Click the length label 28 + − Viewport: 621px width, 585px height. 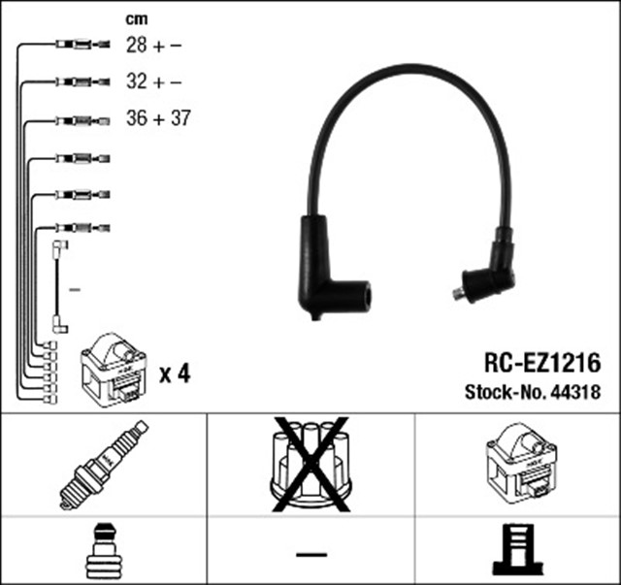(x=154, y=45)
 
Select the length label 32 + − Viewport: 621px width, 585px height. (x=154, y=82)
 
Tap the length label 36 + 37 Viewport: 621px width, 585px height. (x=159, y=119)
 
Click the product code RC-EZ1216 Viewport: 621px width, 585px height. (x=541, y=364)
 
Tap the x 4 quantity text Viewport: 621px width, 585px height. (x=174, y=373)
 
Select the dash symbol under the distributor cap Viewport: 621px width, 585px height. (x=310, y=554)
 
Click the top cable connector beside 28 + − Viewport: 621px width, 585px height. (x=78, y=45)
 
